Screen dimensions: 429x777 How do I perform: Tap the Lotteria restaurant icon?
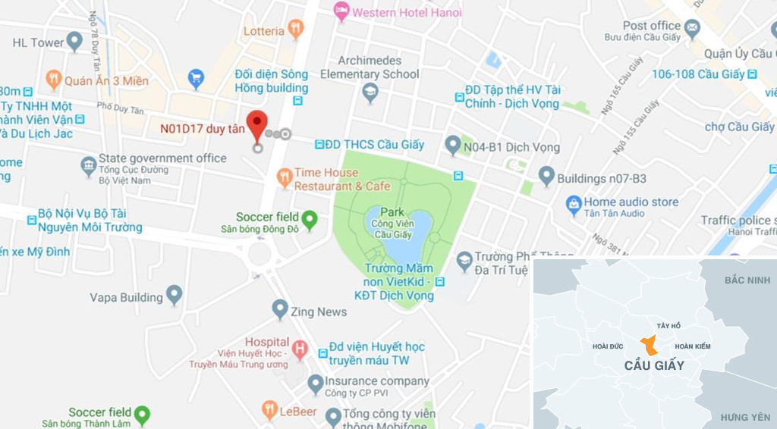click(296, 30)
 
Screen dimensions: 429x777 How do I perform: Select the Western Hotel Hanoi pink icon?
click(341, 11)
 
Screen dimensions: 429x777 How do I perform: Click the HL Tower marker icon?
click(74, 41)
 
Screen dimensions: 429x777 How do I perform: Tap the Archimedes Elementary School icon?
click(370, 92)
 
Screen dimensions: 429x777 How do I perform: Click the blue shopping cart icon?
click(197, 78)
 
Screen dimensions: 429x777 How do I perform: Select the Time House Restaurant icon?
click(285, 178)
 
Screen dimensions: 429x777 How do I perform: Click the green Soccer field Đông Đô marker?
click(309, 220)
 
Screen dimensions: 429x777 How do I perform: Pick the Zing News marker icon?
click(280, 309)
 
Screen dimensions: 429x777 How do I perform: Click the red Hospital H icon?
click(300, 349)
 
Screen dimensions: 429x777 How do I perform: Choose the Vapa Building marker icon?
click(175, 295)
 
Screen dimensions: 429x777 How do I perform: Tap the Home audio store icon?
click(574, 204)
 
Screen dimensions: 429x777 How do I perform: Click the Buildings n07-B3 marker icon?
click(546, 177)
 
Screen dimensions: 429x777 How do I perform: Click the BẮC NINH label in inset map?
click(747, 280)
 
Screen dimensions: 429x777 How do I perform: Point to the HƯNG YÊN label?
click(745, 417)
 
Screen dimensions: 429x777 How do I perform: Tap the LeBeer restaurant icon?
click(269, 410)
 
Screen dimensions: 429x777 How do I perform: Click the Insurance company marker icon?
click(316, 384)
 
